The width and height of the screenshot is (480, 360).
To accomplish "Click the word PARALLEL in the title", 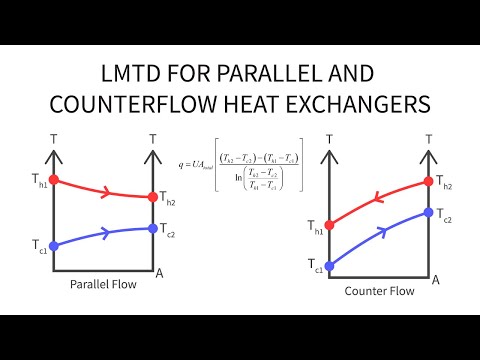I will pyautogui.click(x=269, y=75).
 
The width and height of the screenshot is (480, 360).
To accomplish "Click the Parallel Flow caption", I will pyautogui.click(x=103, y=284).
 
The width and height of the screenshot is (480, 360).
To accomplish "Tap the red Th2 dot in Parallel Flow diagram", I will pyautogui.click(x=152, y=197).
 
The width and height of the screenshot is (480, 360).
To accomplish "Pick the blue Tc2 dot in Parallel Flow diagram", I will pyautogui.click(x=152, y=228).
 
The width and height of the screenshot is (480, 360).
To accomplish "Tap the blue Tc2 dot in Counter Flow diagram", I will pyautogui.click(x=428, y=213).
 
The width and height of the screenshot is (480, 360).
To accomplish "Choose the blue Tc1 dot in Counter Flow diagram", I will pyautogui.click(x=330, y=266).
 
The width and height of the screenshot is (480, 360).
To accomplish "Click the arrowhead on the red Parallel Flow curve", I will pyautogui.click(x=105, y=191).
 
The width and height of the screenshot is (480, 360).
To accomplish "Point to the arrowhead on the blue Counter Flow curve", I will pyautogui.click(x=380, y=232).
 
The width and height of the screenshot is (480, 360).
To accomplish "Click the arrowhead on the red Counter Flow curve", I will pyautogui.click(x=378, y=199).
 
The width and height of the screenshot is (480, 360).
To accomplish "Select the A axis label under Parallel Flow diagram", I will pyautogui.click(x=159, y=271).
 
